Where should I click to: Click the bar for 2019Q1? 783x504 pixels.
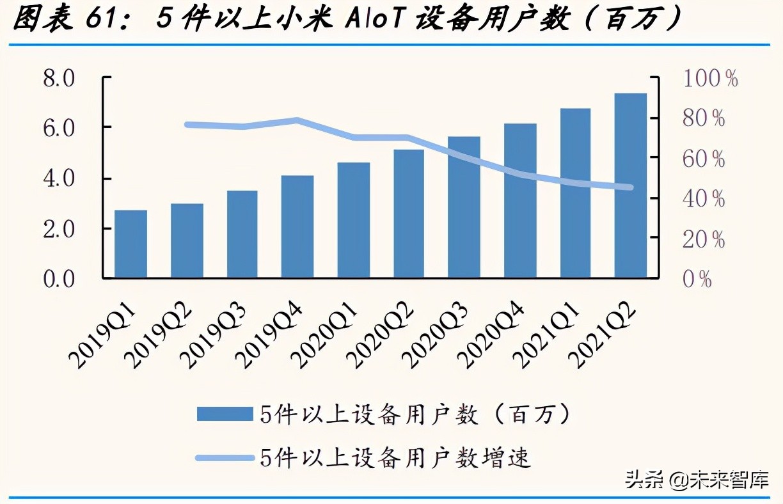(x=130, y=244)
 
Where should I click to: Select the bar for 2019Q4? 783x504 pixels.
(x=297, y=226)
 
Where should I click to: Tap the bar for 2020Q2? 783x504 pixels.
(x=409, y=214)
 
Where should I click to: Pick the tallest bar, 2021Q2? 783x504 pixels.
(x=630, y=185)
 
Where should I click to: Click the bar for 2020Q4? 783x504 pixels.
(x=520, y=201)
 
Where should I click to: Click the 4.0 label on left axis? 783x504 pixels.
(x=59, y=178)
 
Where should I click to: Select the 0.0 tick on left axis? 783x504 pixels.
(x=59, y=278)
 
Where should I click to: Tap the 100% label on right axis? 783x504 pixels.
(x=711, y=79)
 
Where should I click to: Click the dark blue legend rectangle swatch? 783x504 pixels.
(x=225, y=414)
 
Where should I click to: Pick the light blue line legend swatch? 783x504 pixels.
(x=225, y=457)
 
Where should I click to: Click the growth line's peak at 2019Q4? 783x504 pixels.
(x=297, y=120)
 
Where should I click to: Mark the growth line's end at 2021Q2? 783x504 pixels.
(x=630, y=187)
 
